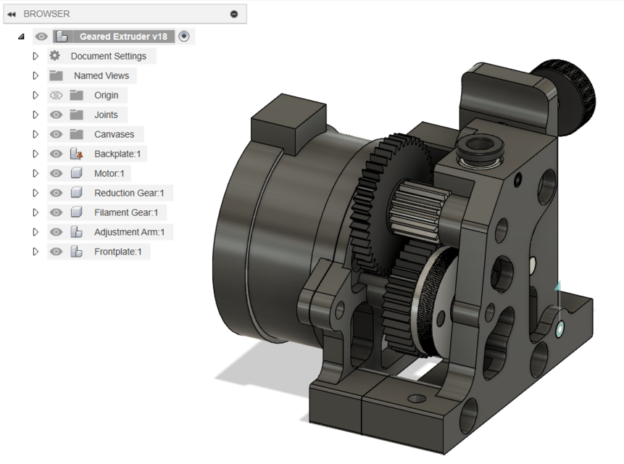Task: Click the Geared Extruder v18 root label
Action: point(123,36)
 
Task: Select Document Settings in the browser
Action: point(108,56)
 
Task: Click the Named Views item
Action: point(101,75)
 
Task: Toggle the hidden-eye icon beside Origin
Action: point(56,95)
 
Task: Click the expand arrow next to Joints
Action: point(35,115)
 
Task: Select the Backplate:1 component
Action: point(116,154)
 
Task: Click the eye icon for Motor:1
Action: point(56,173)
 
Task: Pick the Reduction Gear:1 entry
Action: point(129,193)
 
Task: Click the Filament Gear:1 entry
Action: point(125,212)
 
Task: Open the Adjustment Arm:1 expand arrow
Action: point(35,232)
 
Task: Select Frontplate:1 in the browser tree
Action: point(117,252)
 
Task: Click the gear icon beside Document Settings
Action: point(55,56)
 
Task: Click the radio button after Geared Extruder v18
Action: point(184,36)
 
